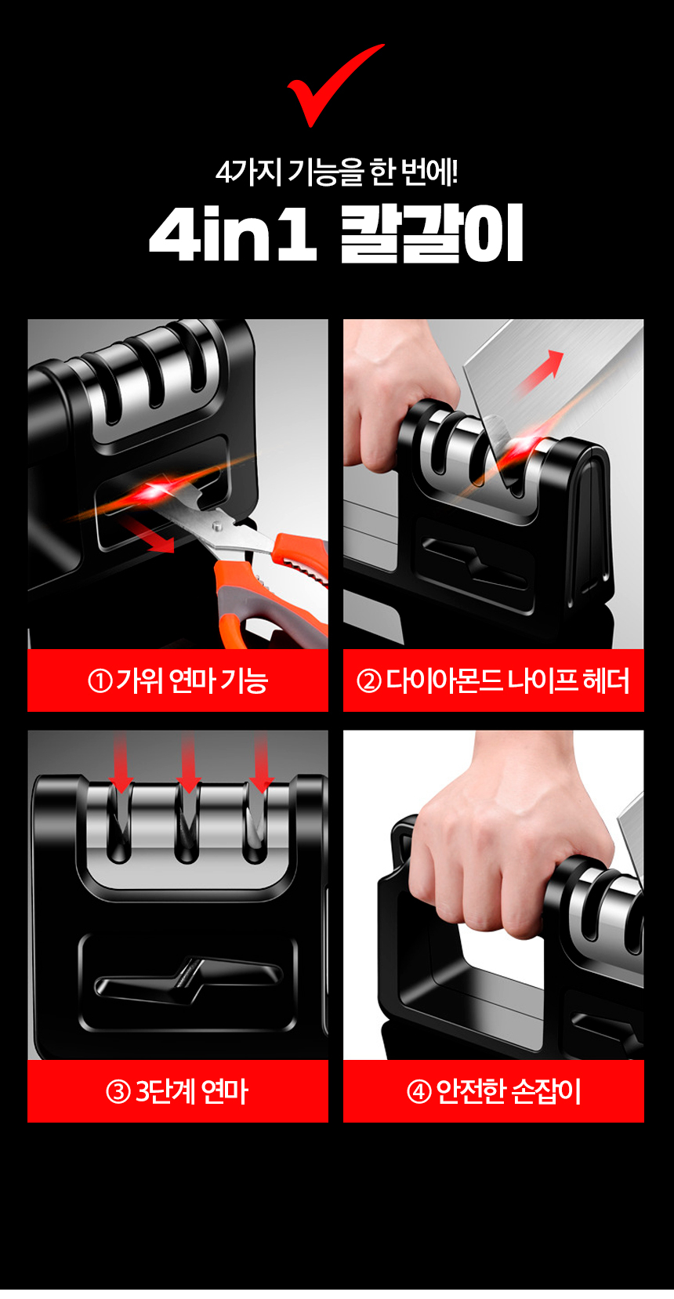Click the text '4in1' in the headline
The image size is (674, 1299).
click(233, 235)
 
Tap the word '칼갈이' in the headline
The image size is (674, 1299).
click(432, 235)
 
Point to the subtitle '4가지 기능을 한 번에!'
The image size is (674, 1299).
click(337, 172)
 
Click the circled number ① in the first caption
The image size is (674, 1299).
click(100, 680)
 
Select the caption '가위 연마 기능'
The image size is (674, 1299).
click(192, 680)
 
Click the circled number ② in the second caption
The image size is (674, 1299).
click(368, 680)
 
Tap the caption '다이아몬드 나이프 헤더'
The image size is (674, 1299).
click(507, 680)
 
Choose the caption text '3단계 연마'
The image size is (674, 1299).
click(192, 1091)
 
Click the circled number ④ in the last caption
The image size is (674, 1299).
click(419, 1091)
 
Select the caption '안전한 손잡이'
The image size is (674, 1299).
click(508, 1091)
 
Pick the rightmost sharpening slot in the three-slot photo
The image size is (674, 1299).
click(255, 831)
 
